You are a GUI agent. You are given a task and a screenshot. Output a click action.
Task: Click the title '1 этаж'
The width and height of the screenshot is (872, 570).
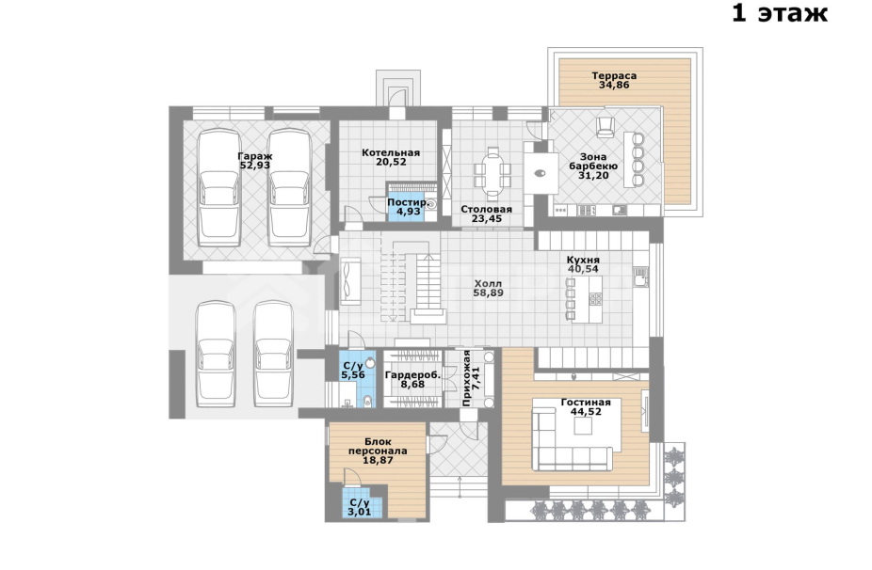(779, 13)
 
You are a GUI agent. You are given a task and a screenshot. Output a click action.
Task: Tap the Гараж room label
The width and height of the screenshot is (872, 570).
(254, 156)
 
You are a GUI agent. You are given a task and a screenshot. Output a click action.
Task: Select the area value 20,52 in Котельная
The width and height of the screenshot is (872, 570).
(391, 162)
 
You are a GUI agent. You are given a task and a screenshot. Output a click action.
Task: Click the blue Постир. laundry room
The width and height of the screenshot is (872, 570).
(407, 207)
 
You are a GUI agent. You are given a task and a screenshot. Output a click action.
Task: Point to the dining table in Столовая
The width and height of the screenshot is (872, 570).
(493, 174)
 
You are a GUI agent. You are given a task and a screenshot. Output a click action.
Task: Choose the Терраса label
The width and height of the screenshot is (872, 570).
(614, 75)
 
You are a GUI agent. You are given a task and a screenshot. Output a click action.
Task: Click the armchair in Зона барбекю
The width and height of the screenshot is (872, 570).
(606, 127)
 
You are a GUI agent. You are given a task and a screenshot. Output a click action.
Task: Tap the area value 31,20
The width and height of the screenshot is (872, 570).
(593, 176)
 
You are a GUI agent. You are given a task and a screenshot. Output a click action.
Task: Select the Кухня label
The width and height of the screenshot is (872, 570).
(583, 260)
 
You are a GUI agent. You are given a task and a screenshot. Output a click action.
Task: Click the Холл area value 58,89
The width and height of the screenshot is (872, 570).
(489, 293)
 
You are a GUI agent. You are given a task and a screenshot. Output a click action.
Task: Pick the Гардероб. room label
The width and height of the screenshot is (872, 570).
(412, 375)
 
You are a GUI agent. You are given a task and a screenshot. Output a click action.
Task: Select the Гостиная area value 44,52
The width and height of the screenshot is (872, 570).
(586, 412)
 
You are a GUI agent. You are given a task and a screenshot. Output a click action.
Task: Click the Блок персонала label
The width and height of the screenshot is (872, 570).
(378, 446)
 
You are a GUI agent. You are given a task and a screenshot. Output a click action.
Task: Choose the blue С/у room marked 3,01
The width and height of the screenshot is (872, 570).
(362, 503)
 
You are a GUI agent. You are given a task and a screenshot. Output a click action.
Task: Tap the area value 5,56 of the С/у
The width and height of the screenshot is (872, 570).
(353, 375)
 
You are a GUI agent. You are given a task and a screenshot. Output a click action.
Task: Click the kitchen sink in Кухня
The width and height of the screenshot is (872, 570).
(640, 277)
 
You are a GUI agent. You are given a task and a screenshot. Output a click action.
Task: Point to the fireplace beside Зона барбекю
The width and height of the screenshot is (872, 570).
(540, 173)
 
